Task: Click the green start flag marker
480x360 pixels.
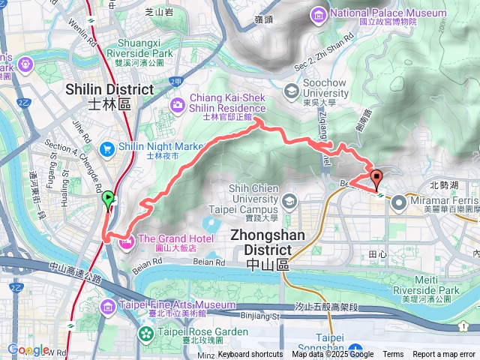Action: [108, 199]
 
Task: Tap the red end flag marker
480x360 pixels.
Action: [376, 178]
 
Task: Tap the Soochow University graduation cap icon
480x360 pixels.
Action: [291, 91]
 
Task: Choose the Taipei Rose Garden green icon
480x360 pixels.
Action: [148, 332]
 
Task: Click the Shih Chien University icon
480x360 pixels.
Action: [289, 202]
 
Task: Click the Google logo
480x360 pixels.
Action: [28, 349]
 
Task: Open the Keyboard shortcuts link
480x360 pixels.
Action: [251, 355]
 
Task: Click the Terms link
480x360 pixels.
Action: [393, 355]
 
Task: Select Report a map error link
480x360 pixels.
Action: [445, 355]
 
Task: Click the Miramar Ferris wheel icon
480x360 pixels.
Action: [397, 202]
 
